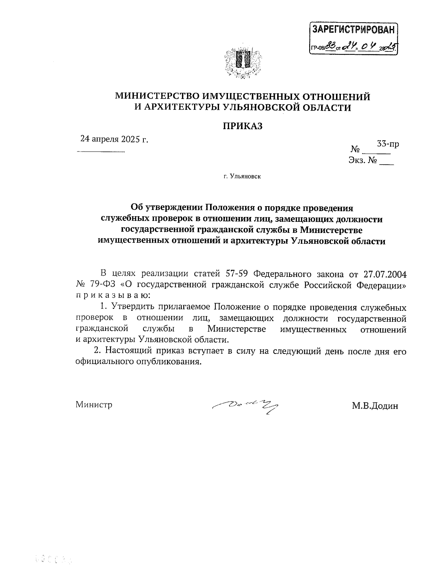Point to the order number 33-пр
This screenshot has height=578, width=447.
point(388,144)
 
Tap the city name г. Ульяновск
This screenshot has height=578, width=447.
point(242,176)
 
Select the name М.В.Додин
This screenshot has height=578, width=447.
point(375,406)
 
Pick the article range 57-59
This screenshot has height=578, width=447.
point(237,274)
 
